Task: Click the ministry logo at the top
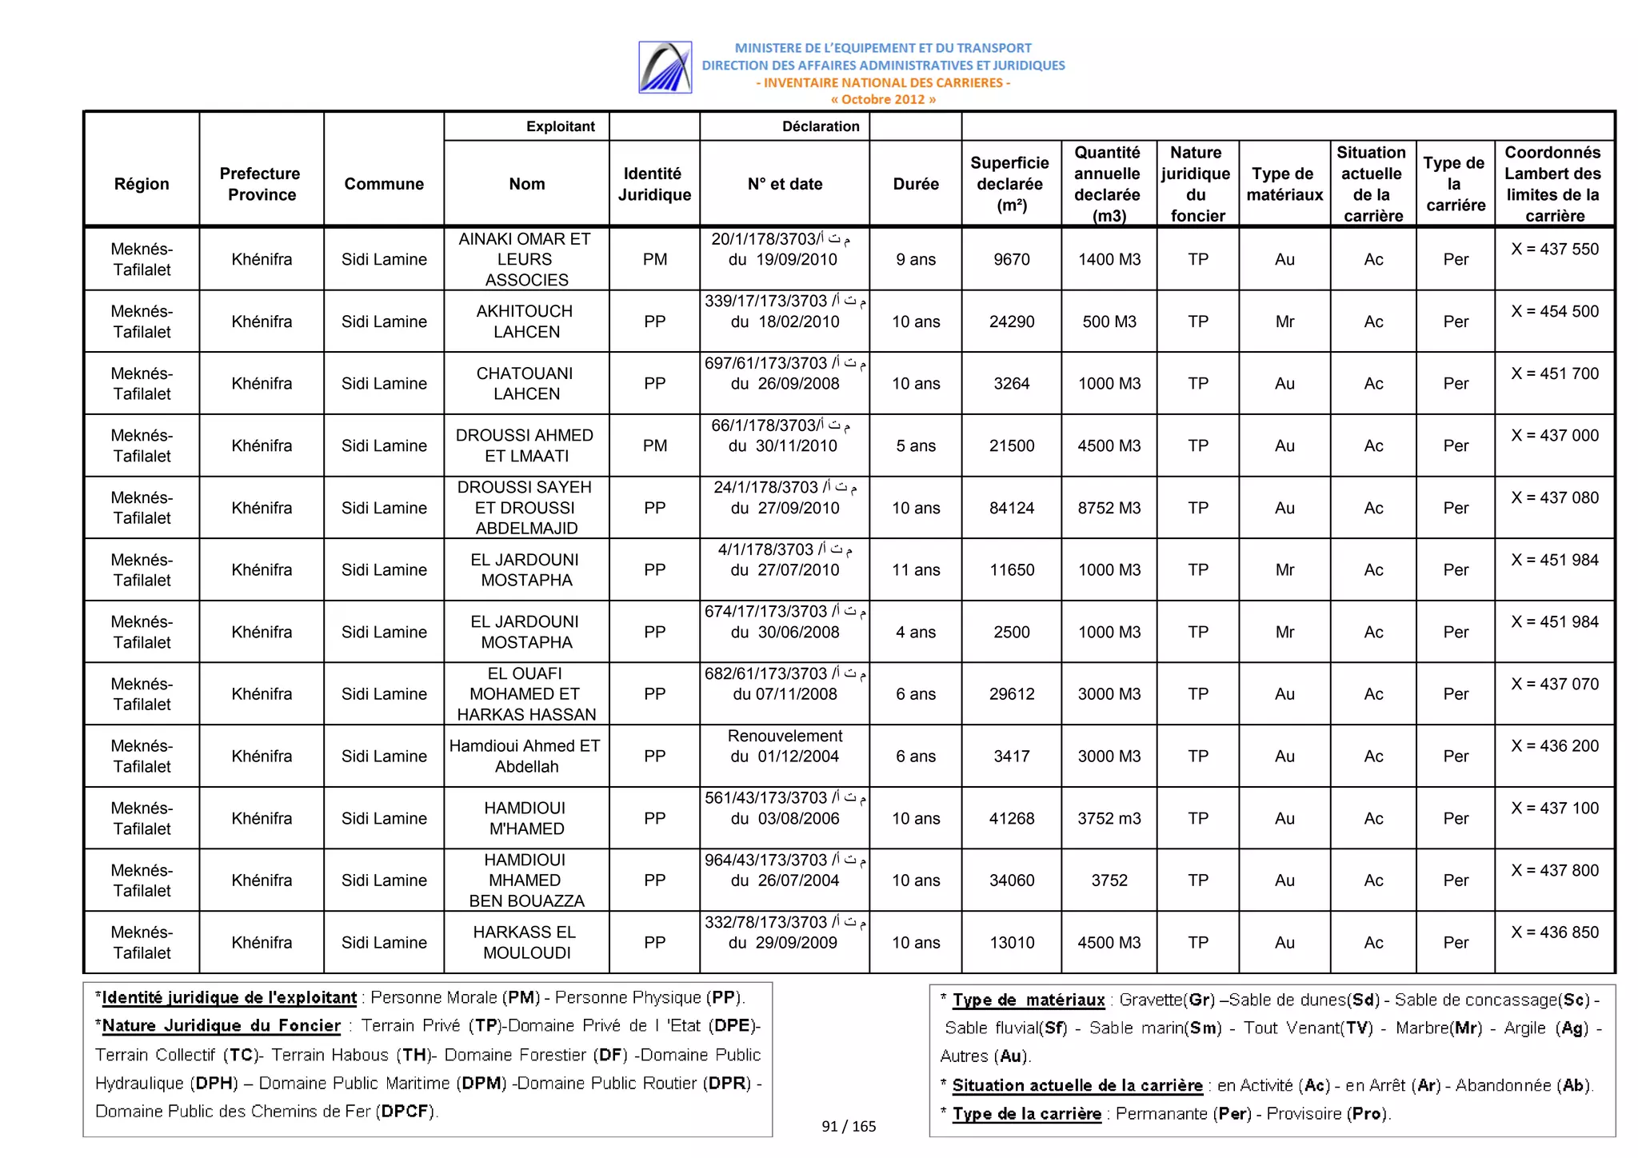[x=665, y=67]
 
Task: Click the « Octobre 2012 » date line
[x=882, y=99]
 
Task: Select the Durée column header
[x=915, y=184]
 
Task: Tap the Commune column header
[x=384, y=184]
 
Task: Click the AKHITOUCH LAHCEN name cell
[x=525, y=321]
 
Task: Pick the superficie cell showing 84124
[x=1011, y=508]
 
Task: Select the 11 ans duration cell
[x=915, y=569]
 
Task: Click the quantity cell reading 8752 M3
[x=1109, y=508]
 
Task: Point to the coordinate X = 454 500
[x=1554, y=312]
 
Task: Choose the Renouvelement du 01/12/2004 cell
[x=785, y=746]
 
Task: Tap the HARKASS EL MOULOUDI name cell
[x=525, y=942]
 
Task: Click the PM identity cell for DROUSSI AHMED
[x=654, y=445]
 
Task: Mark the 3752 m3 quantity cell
[x=1109, y=818]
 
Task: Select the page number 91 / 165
[x=849, y=1126]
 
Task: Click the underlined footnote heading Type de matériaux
[x=1028, y=1000]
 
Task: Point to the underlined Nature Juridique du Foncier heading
[x=222, y=1026]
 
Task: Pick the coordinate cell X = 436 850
[x=1554, y=932]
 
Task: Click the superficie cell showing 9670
[x=1011, y=259]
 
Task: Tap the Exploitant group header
[x=560, y=126]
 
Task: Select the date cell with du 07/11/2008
[x=785, y=694]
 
